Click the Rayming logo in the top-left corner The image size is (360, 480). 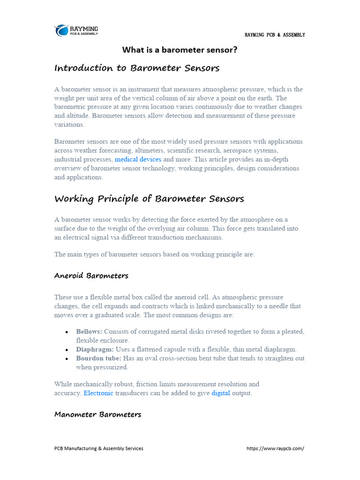(x=76, y=30)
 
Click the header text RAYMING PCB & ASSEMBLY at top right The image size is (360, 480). (x=275, y=35)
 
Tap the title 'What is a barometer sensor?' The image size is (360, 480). (x=180, y=50)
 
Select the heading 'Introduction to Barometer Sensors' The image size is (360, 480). (x=137, y=68)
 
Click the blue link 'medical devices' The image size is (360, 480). (x=138, y=159)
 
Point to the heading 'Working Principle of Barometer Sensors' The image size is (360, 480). (x=149, y=199)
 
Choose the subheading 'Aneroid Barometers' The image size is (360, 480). (x=91, y=276)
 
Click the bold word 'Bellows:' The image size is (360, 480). (x=89, y=331)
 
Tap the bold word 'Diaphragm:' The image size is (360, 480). (x=95, y=349)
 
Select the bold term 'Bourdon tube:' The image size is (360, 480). (x=98, y=358)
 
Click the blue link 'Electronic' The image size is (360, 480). (x=98, y=393)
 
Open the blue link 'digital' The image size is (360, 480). (x=221, y=393)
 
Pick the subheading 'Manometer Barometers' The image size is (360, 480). (x=97, y=414)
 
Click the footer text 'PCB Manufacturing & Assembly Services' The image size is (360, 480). (x=99, y=449)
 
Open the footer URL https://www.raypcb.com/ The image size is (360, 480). (x=275, y=449)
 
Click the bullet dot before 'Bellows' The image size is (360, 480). (x=68, y=332)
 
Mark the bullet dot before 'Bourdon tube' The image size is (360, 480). (x=68, y=359)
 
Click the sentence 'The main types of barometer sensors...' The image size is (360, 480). (x=154, y=255)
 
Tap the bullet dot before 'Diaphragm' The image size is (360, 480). (x=68, y=350)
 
